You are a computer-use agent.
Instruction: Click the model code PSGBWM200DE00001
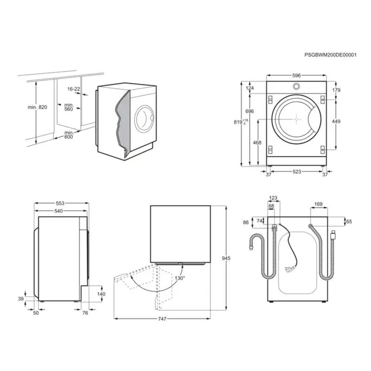(330, 55)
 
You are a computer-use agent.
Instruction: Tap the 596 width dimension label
(296, 76)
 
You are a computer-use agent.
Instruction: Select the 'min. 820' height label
(38, 107)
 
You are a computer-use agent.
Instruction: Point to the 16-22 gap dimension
(74, 89)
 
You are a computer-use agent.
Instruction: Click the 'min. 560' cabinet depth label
(69, 107)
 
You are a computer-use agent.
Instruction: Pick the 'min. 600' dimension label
(69, 134)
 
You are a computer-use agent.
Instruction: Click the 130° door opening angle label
(180, 278)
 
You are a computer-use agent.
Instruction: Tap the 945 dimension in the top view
(226, 258)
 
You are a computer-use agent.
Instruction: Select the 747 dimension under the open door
(162, 319)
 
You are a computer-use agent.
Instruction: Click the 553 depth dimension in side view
(60, 203)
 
